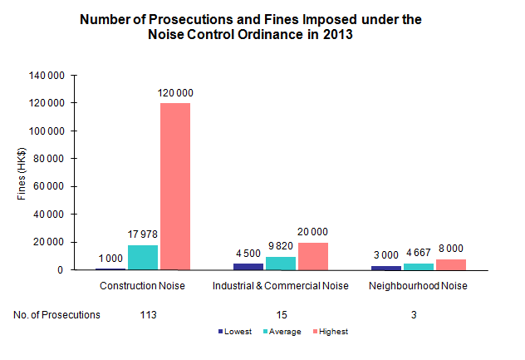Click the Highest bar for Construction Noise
pyautogui.click(x=175, y=186)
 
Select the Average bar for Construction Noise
pyautogui.click(x=144, y=258)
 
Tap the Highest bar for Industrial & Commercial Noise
pyautogui.click(x=312, y=256)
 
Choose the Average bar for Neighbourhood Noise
pyautogui.click(x=418, y=267)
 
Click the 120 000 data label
pyautogui.click(x=175, y=94)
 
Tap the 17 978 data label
pyautogui.click(x=143, y=236)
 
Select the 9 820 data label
pyautogui.click(x=281, y=248)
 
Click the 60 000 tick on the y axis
pyautogui.click(x=51, y=186)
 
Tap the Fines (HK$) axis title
pyautogui.click(x=22, y=173)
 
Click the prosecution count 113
pyautogui.click(x=149, y=315)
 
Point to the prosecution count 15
pyautogui.click(x=281, y=315)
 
